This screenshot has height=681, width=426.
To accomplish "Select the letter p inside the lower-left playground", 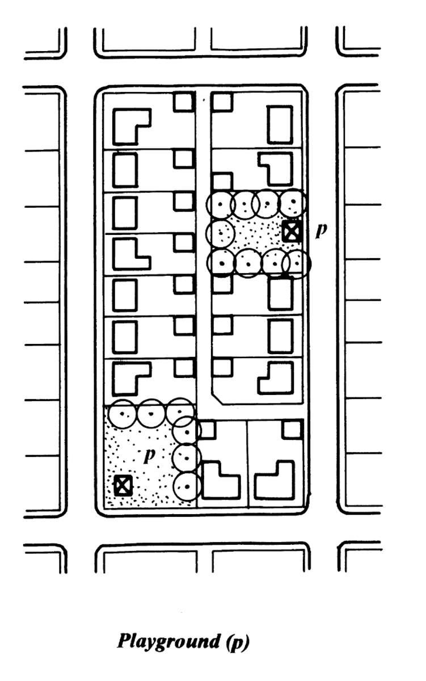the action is pos(150,455).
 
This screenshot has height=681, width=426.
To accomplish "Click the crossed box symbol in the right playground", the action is pos(292,231).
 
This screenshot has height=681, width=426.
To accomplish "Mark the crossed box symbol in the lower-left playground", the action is pos(123,486).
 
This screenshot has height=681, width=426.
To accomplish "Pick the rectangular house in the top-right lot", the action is pos(280,125).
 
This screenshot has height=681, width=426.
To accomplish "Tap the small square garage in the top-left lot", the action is pos(184,102).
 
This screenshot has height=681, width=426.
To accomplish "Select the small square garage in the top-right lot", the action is pos(222,102).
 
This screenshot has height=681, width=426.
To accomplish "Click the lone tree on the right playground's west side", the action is pos(221,233).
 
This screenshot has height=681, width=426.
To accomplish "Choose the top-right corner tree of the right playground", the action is pos(293,202).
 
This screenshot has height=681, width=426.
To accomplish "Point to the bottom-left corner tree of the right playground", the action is pos(221,263).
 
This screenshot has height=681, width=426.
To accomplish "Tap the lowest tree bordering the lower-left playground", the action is pos(187,487).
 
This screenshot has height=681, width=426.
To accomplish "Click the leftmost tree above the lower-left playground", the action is pos(121,414).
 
